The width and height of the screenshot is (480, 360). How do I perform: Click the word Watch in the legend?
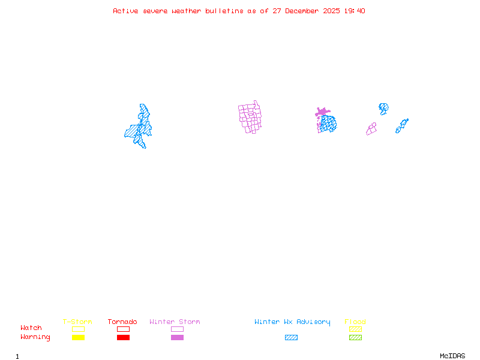[x=31, y=328]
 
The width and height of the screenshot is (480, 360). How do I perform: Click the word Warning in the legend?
[x=35, y=337]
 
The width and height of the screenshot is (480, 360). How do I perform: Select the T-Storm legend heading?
[x=77, y=322]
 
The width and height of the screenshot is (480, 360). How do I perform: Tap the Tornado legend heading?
[x=122, y=322]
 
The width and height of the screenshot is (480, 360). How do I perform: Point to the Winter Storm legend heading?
[x=175, y=322]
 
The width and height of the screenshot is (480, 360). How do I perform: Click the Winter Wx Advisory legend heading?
[x=292, y=322]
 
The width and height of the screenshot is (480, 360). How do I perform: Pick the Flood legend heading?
[x=355, y=322]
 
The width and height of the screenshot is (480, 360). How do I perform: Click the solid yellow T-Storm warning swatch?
[x=78, y=338]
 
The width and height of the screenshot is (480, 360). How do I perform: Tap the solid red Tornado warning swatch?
[x=123, y=338]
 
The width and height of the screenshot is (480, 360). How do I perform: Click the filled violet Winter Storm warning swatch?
[x=177, y=338]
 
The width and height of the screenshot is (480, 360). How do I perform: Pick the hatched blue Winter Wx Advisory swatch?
[x=291, y=338]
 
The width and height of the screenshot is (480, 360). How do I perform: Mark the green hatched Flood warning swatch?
[x=355, y=338]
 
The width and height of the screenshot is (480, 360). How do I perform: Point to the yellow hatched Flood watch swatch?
[x=355, y=329]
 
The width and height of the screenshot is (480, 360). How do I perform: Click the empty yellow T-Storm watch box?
[x=78, y=329]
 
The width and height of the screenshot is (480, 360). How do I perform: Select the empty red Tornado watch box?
[x=123, y=329]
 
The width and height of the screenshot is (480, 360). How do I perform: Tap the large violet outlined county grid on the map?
[x=251, y=117]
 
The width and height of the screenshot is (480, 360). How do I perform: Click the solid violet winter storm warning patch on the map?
[x=322, y=112]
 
